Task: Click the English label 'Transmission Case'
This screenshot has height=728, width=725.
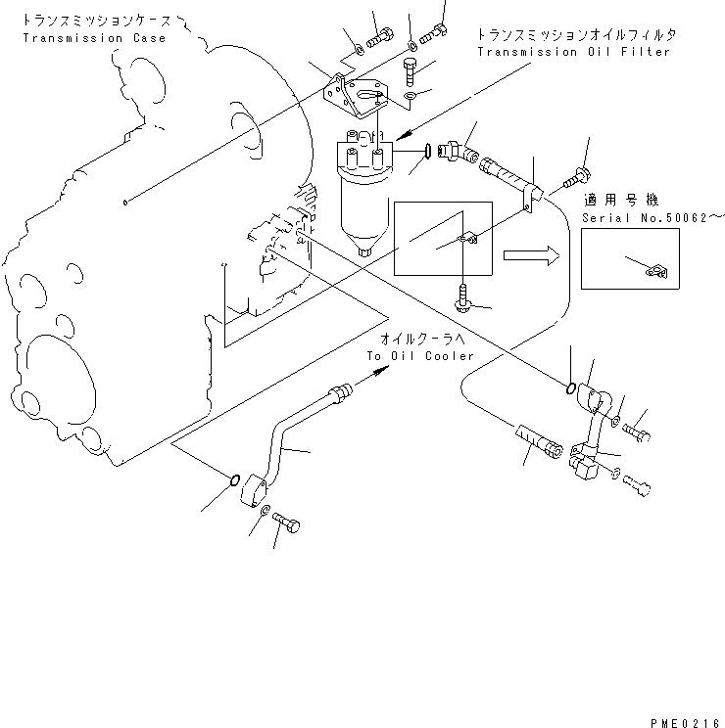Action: coord(94,38)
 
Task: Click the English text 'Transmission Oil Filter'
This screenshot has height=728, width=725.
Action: coord(574,51)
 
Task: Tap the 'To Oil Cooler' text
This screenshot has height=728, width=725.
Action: coord(420,356)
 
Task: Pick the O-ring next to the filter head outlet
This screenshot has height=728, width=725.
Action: coord(428,151)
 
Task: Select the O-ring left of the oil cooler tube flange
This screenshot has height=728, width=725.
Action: coord(232,479)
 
